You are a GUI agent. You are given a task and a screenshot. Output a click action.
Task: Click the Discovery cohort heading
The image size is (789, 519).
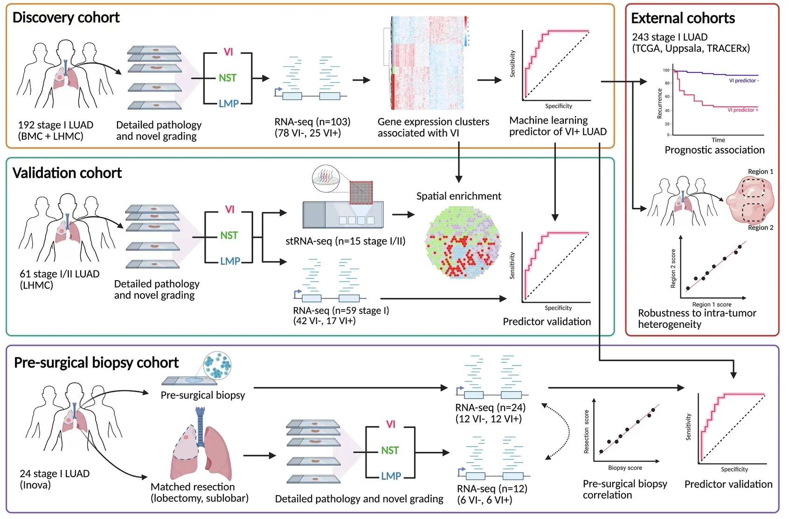pos(66,18)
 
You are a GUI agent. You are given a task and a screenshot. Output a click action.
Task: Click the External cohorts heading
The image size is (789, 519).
pos(683,18)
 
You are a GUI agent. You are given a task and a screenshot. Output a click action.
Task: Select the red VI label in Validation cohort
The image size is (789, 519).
pos(229,209)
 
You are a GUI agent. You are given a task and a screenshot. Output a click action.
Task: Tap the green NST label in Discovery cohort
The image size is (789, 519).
pos(228,78)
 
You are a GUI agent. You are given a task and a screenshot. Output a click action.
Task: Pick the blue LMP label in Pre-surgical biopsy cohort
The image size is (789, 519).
pos(391,476)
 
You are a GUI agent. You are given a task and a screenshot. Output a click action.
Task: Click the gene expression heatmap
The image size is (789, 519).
pos(427,63)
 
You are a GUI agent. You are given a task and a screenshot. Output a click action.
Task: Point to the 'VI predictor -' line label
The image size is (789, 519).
pos(744,81)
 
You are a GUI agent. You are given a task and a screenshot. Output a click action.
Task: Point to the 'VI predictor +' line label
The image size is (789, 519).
pos(743,110)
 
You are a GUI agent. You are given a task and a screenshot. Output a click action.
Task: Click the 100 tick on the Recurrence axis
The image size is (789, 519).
pos(666,70)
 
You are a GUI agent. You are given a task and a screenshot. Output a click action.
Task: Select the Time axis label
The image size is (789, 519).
pos(718,140)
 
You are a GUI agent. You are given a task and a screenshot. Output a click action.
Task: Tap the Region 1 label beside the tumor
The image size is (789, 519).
pos(760,172)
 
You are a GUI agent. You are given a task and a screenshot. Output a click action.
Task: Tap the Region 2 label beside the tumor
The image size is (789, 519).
pos(760,228)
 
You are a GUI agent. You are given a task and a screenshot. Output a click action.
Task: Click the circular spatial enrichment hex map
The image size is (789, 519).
pos(463,242)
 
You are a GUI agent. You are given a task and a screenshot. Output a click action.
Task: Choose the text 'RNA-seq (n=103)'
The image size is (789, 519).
pos(312,122)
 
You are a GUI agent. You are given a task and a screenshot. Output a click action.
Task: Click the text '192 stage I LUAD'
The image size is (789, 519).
pos(55,125)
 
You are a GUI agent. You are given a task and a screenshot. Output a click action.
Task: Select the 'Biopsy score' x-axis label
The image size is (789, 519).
pos(625,468)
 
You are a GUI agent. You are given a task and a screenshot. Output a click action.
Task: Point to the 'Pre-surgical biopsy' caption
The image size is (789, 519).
pos(202,395)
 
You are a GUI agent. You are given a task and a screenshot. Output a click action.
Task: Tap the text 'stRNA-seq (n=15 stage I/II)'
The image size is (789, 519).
pos(345,241)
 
